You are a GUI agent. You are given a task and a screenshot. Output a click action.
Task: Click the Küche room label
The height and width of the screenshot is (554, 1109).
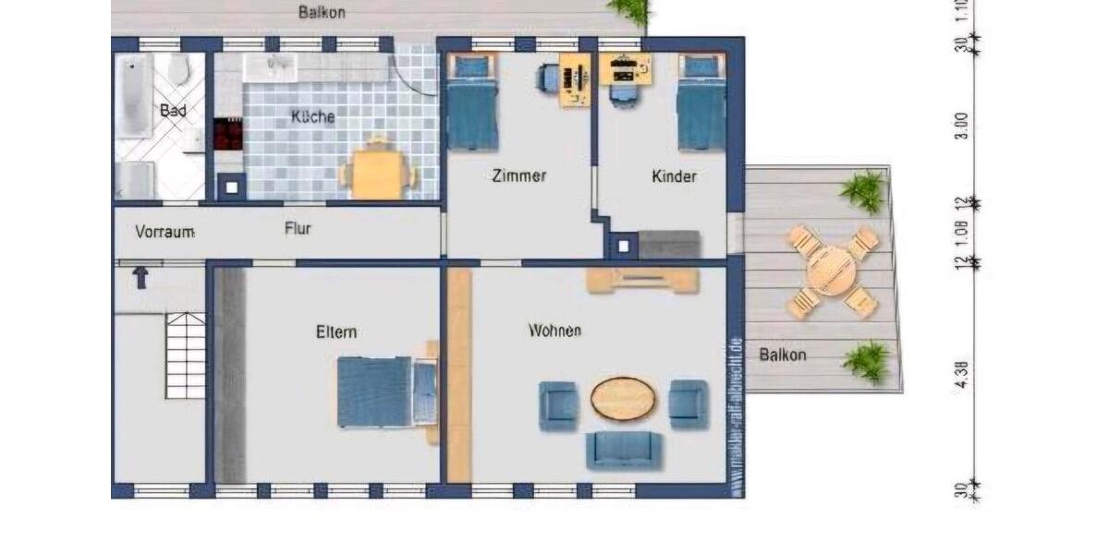[x=312, y=117]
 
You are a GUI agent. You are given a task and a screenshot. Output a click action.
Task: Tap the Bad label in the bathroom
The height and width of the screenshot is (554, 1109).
[x=173, y=111]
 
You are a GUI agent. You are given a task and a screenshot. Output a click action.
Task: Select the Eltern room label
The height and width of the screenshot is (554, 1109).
[x=336, y=332]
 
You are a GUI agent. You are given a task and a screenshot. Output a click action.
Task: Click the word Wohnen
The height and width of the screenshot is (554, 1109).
[x=554, y=330]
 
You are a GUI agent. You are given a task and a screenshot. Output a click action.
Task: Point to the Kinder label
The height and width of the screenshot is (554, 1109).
[x=674, y=175]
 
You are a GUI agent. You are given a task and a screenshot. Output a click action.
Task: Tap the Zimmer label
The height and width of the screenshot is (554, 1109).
[x=519, y=175]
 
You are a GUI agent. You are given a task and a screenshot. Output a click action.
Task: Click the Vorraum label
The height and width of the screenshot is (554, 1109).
[x=165, y=232]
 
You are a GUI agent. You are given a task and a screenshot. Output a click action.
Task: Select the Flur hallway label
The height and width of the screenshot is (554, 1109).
[x=298, y=228]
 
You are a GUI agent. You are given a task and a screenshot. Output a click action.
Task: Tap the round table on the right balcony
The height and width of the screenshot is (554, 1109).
[x=832, y=271]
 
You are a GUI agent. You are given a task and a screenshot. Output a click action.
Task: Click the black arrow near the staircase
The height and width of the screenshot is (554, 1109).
[x=140, y=277]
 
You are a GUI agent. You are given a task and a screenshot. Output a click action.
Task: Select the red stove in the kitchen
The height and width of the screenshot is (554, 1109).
[x=227, y=134]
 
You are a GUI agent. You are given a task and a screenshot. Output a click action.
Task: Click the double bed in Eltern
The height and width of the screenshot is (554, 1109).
[x=374, y=391]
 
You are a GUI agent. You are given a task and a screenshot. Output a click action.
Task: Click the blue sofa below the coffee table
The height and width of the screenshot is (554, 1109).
[x=624, y=450]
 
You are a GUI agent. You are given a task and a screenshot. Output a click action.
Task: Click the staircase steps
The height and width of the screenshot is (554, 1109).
[x=185, y=355]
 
